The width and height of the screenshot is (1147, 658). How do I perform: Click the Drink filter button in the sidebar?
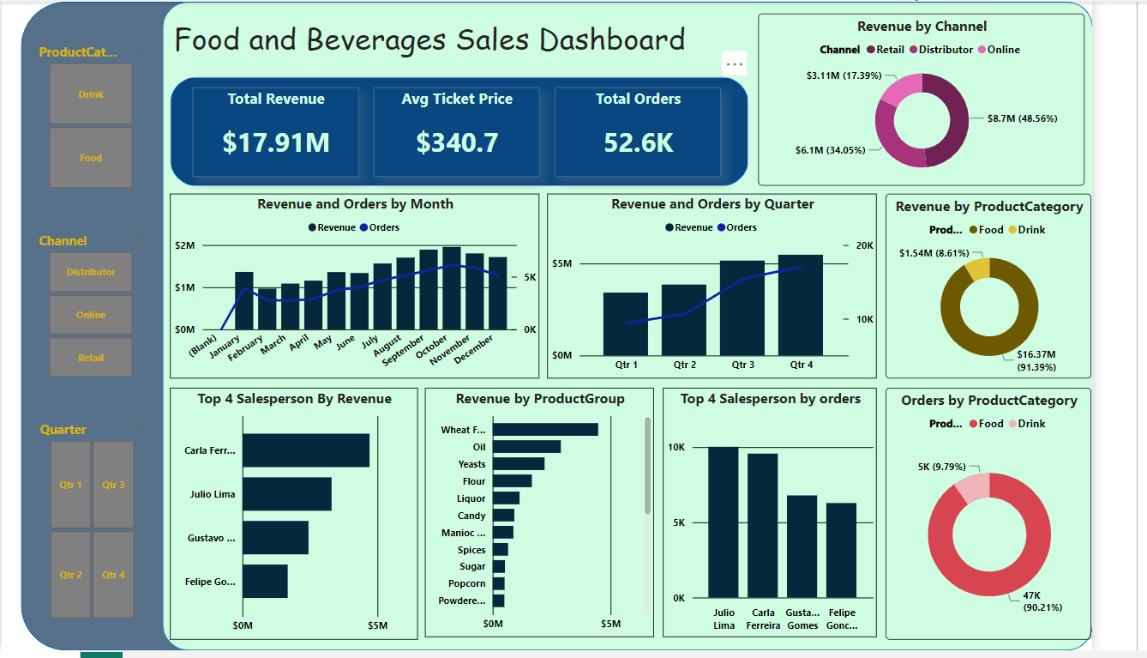coord(91,94)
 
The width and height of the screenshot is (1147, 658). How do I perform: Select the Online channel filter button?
coord(91,315)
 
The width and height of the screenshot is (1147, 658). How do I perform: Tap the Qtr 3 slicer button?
coord(113,485)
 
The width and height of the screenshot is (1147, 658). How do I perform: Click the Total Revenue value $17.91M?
coord(276,142)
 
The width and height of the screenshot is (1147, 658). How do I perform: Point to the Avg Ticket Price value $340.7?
coord(457,142)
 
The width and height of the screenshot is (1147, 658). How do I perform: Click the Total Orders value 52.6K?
coord(638,142)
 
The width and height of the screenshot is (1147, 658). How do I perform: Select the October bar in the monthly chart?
coord(452,288)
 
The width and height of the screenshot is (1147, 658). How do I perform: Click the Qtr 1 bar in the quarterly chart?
coord(626,323)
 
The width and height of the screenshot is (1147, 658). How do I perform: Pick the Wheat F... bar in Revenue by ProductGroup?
coord(545,430)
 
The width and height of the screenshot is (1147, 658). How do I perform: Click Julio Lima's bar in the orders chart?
coord(724,522)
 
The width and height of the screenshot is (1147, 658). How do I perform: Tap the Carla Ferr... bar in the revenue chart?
coord(306,450)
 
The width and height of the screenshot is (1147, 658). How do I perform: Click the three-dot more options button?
coord(734,63)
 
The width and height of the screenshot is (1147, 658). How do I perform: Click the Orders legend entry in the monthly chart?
coord(379,227)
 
